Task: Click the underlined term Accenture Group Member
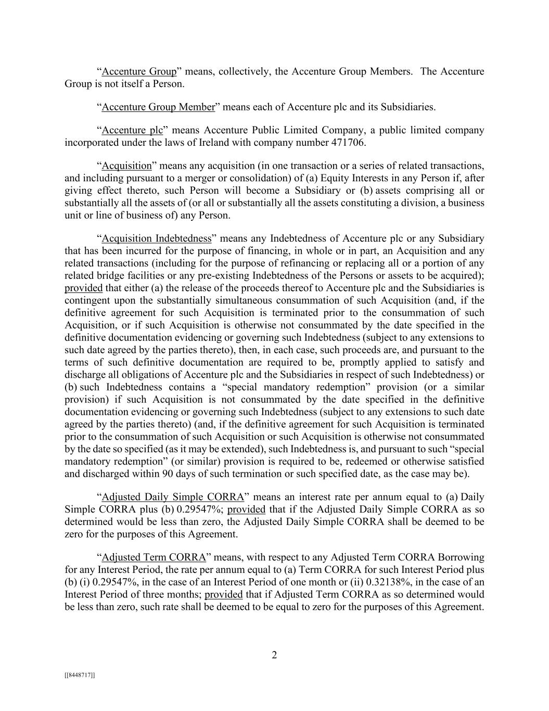point(158,107)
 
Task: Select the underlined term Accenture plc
point(132,130)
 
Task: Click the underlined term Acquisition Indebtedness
point(157,239)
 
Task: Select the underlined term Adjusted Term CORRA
point(154,557)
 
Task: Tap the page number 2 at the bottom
point(274,655)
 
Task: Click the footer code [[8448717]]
point(80,675)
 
